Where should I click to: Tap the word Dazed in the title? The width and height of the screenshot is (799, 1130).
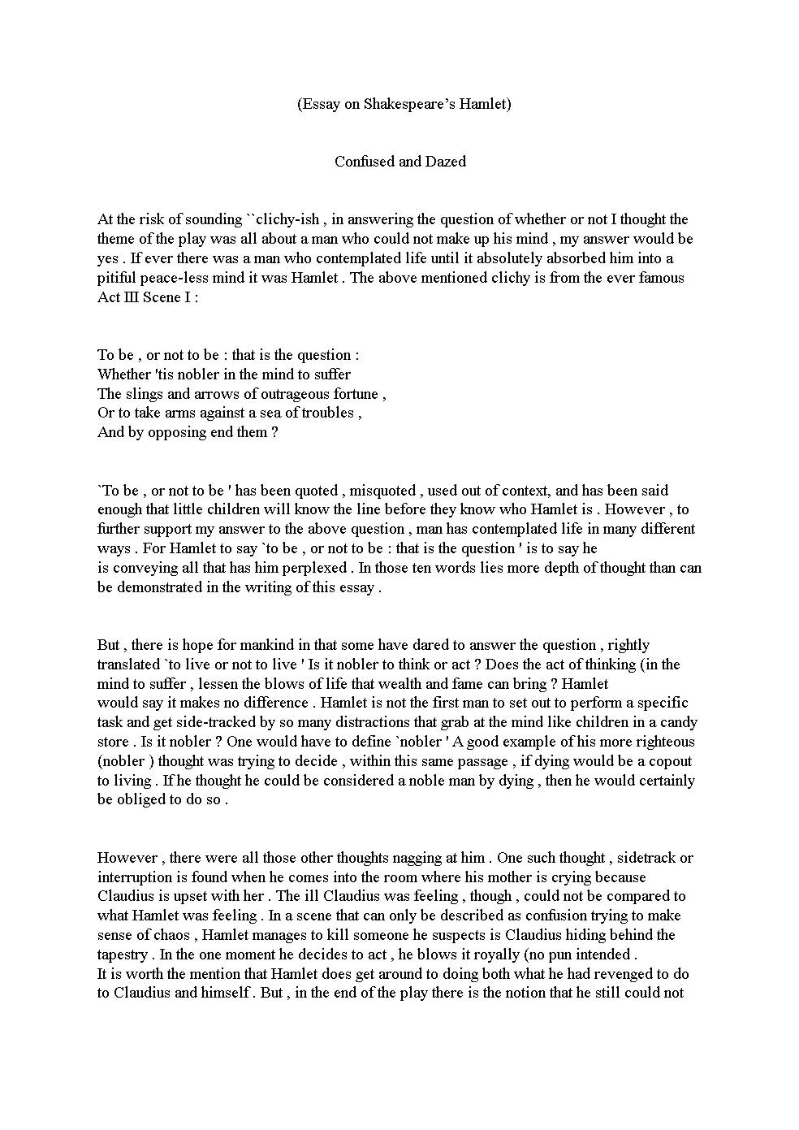point(445,162)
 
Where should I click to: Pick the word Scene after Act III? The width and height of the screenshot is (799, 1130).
point(162,297)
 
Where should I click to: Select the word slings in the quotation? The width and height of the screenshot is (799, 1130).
point(147,394)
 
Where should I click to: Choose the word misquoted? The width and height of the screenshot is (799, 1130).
point(383,491)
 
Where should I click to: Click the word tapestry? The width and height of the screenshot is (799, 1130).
point(122,955)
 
